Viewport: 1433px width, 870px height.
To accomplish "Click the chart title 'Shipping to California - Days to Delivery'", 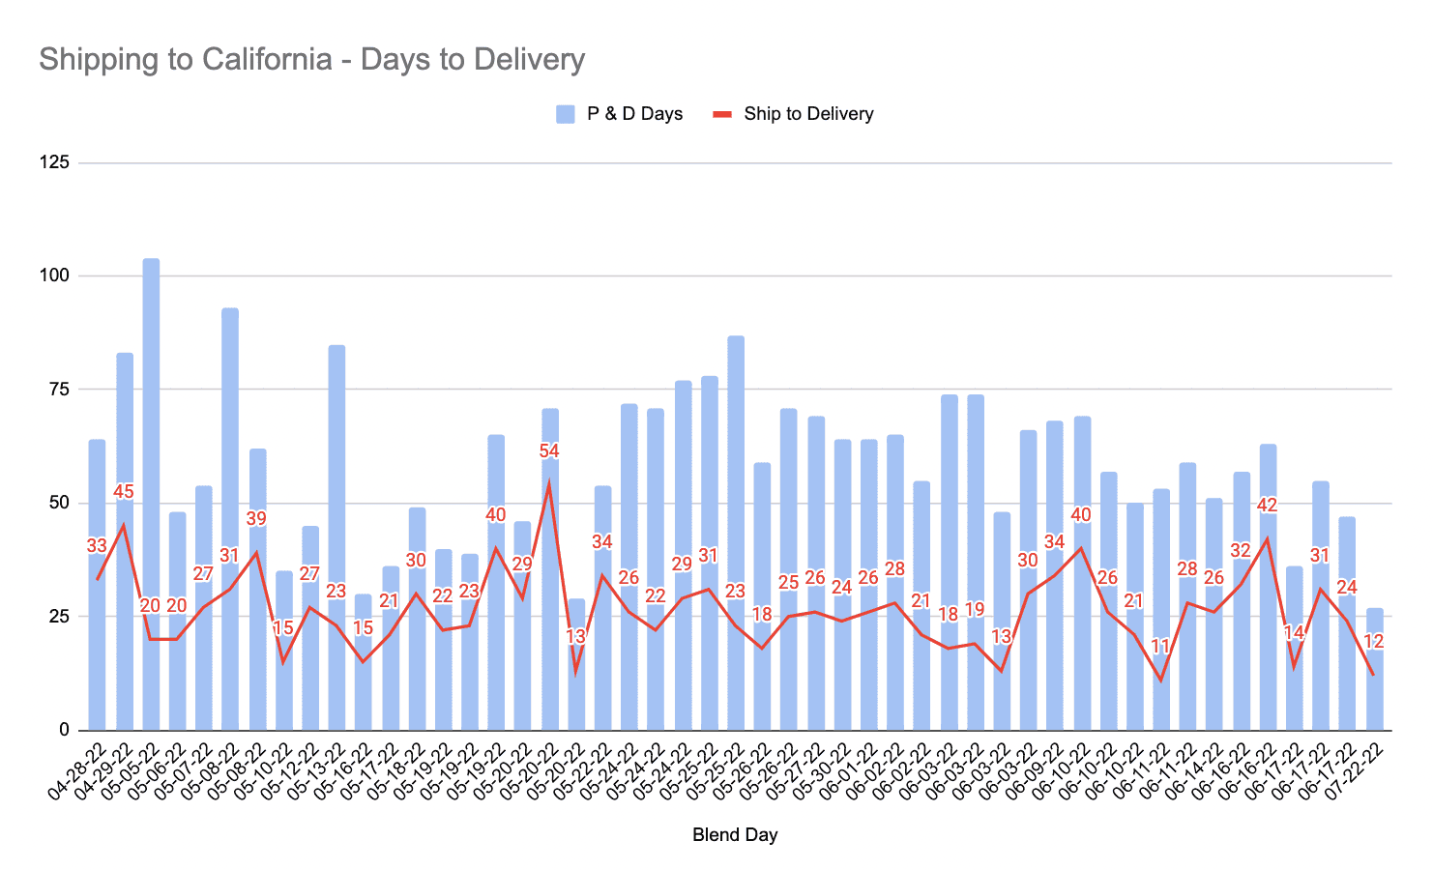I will click(311, 59).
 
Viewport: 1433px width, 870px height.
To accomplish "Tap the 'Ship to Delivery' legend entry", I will click(793, 114).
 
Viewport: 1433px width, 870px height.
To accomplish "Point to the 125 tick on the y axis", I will click(54, 162).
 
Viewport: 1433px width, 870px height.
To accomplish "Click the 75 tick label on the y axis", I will click(59, 390).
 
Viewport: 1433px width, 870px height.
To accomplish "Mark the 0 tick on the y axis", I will click(64, 730).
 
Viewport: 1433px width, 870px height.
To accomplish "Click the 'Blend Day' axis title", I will click(735, 834).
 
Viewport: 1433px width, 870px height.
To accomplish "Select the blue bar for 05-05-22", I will click(151, 493).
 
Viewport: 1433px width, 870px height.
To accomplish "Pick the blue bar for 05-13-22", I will click(336, 536).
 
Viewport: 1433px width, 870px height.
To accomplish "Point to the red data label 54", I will click(549, 451).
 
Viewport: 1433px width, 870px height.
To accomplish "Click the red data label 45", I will click(124, 492).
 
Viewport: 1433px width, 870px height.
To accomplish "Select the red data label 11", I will click(1160, 647).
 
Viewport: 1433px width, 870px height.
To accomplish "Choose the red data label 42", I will click(1268, 506).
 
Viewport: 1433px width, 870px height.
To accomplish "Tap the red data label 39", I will click(256, 519).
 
